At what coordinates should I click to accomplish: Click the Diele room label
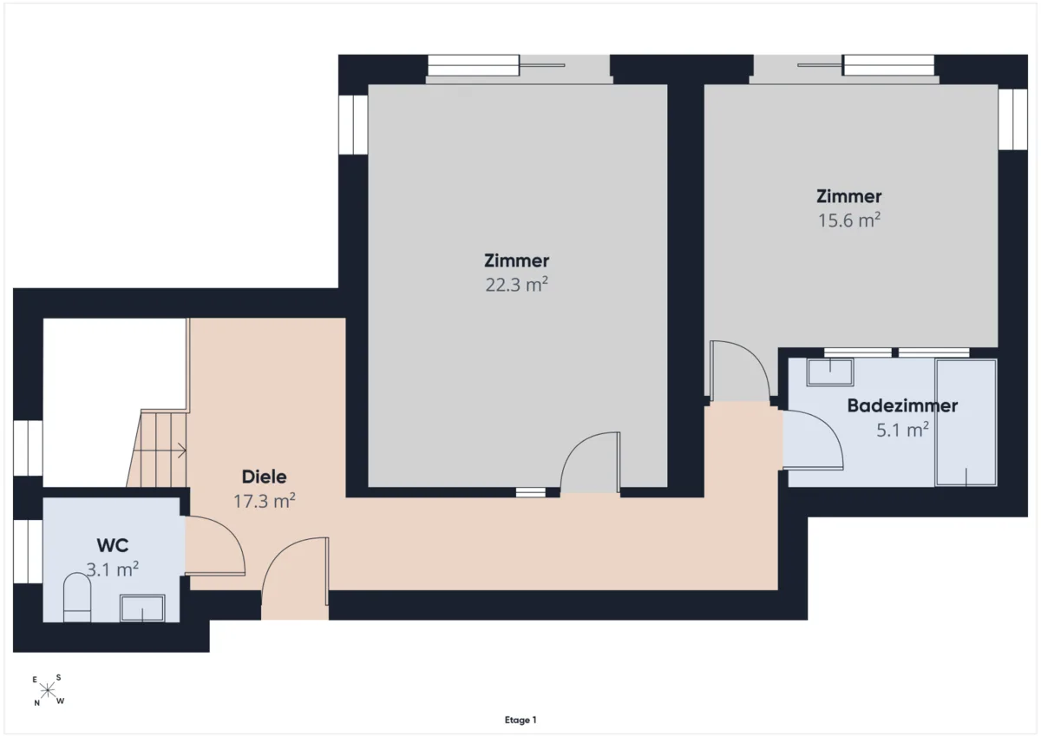(x=264, y=477)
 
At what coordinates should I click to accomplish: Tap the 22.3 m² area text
(x=517, y=284)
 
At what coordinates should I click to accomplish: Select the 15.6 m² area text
(x=849, y=220)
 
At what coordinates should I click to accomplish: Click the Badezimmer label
(x=902, y=405)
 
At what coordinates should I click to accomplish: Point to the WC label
(x=113, y=545)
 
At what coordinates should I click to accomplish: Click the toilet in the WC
(x=77, y=597)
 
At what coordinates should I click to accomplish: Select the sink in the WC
(x=142, y=608)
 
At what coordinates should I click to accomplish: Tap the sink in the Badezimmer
(x=830, y=372)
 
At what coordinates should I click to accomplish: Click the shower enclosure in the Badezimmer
(x=966, y=423)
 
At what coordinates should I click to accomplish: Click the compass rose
(x=48, y=690)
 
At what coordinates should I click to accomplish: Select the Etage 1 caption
(x=520, y=720)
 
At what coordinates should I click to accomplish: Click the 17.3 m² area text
(x=264, y=501)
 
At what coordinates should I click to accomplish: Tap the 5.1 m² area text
(x=902, y=430)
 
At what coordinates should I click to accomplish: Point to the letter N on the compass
(x=36, y=703)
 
